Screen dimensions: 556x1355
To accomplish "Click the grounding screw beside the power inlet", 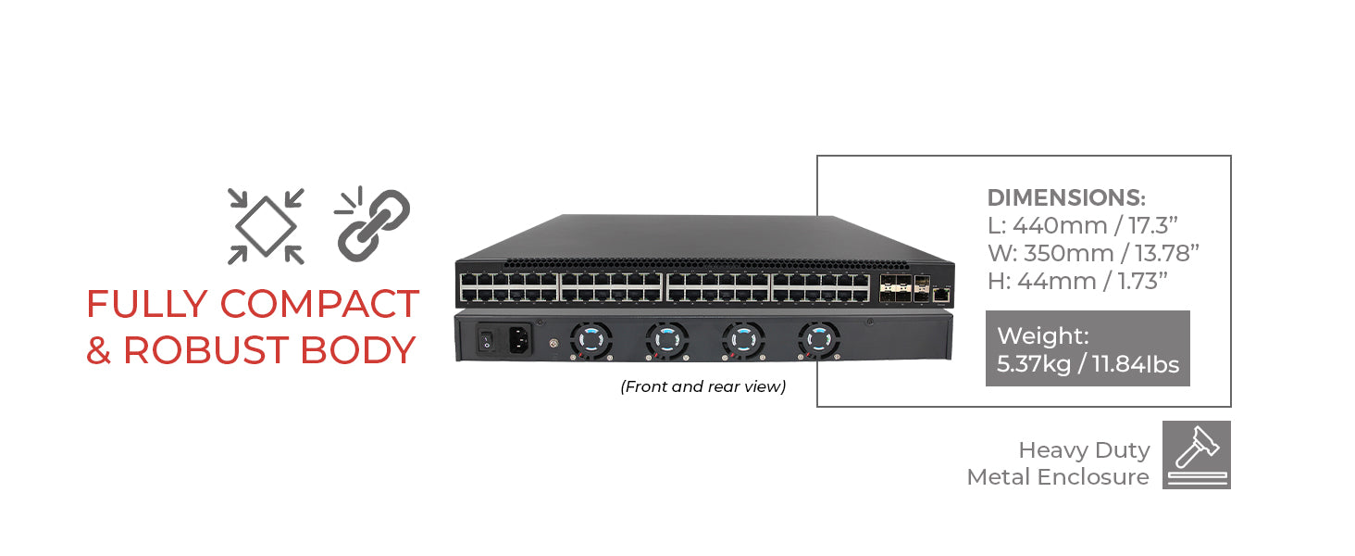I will click(553, 345).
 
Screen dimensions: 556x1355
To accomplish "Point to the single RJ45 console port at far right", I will click(941, 294).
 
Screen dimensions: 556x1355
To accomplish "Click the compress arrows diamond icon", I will click(267, 226).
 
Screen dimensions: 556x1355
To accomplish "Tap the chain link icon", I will click(372, 222).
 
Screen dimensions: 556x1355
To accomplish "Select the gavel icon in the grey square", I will click(1197, 455).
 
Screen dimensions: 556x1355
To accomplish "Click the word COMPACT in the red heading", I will click(319, 305).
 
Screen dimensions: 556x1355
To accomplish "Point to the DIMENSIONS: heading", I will click(1066, 197).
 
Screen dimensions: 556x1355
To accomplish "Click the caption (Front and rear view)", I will click(702, 386).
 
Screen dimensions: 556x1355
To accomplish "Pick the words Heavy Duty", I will click(1084, 450).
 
